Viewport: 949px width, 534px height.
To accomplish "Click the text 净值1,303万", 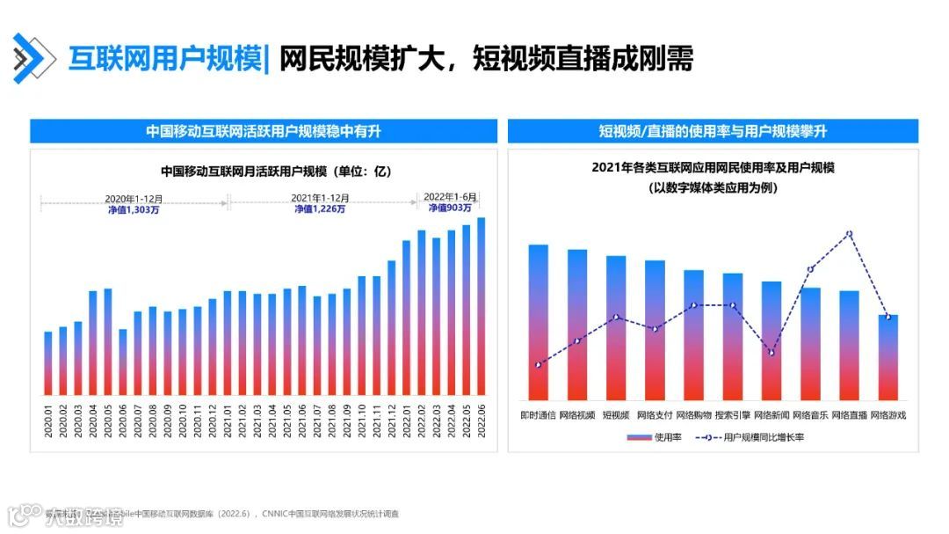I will [x=134, y=209].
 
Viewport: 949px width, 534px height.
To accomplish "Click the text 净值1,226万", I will [x=320, y=209].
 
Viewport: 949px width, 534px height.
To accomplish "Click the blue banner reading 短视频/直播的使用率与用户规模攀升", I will [x=713, y=132].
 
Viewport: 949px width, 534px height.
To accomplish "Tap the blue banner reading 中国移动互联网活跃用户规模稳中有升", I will [x=263, y=132].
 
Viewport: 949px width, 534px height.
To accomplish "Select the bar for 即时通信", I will [x=538, y=322].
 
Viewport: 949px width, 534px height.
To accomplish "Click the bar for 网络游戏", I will [x=887, y=357].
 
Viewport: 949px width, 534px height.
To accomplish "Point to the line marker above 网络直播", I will [x=849, y=234].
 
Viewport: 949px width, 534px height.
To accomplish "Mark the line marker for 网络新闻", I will [x=772, y=353].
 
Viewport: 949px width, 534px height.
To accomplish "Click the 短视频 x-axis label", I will [x=615, y=414].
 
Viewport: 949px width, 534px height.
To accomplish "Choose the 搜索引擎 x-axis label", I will [x=732, y=414].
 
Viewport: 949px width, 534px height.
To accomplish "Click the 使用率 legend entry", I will [x=654, y=437].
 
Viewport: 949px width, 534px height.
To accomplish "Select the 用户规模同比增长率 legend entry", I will [x=750, y=437].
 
